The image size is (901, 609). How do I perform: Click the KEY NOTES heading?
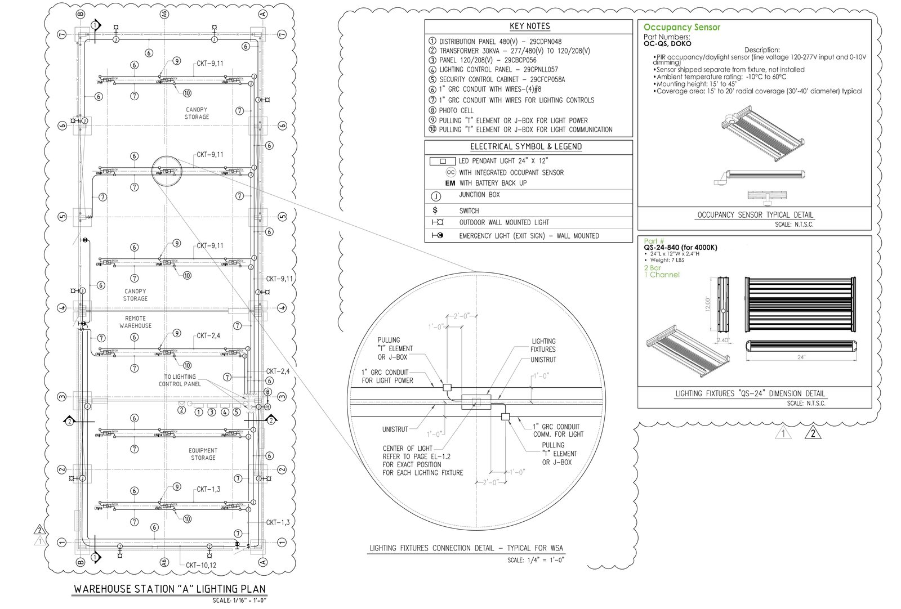(x=529, y=26)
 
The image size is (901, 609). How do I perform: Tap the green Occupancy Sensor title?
(x=681, y=27)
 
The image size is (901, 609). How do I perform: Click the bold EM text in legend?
(x=450, y=183)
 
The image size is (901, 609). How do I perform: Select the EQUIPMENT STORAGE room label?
(x=203, y=454)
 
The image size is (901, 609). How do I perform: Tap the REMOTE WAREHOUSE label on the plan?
(x=135, y=322)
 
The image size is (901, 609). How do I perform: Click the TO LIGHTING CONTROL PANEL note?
(x=180, y=380)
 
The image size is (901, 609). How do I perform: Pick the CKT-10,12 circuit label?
(x=201, y=565)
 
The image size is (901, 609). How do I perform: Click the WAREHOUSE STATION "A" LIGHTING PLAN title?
(x=170, y=589)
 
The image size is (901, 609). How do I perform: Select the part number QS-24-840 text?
(x=680, y=248)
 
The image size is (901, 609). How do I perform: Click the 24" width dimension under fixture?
(x=801, y=357)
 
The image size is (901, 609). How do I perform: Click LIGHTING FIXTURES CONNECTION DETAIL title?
(x=466, y=548)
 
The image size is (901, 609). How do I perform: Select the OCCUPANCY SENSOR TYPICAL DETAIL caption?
(x=755, y=215)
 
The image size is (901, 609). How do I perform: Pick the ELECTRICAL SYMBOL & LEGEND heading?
(x=525, y=147)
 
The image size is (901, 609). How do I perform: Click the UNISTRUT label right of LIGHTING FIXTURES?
(x=543, y=360)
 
